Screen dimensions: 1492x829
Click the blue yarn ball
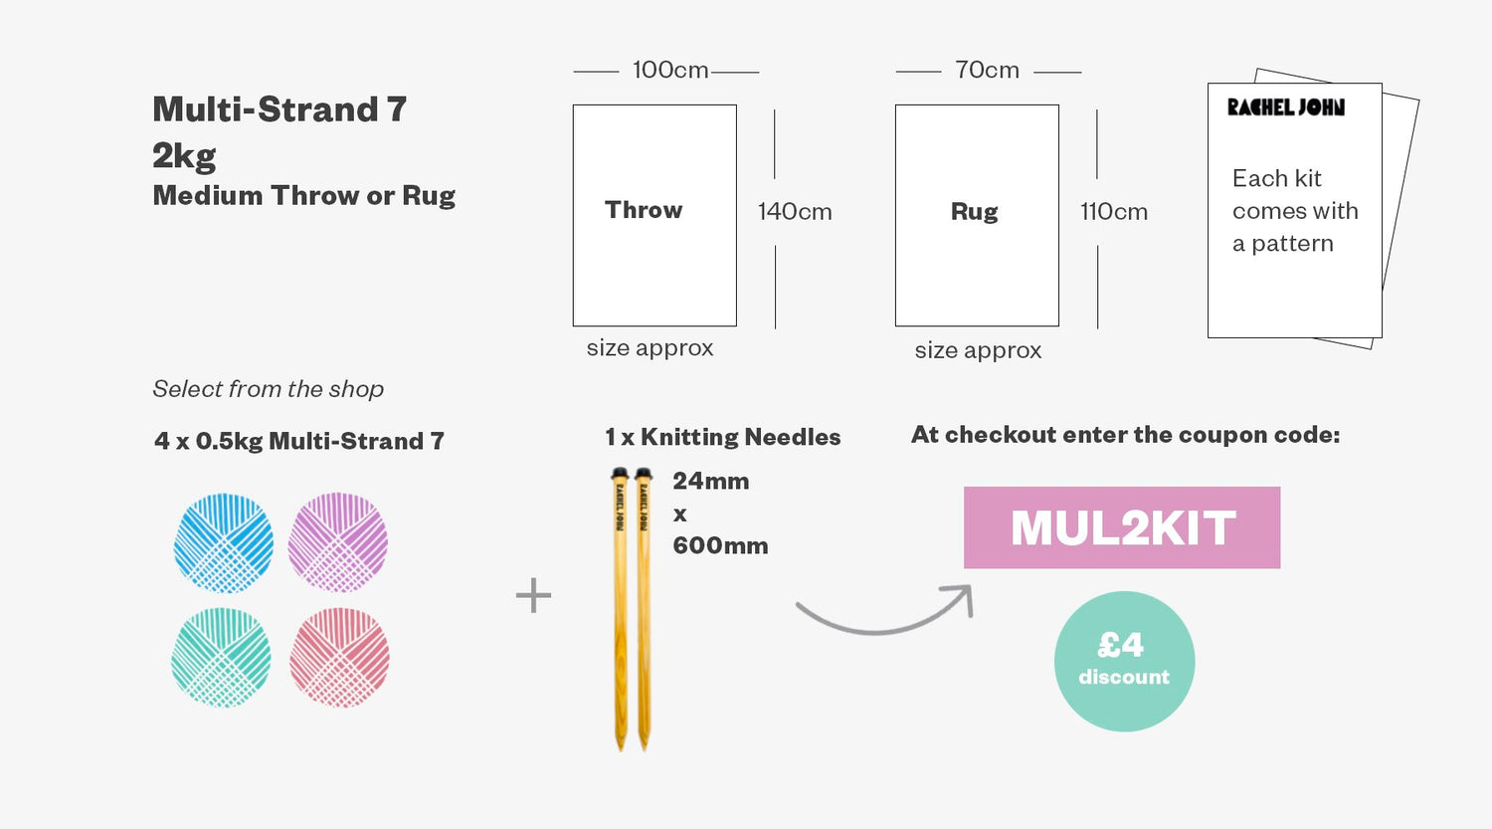coord(223,543)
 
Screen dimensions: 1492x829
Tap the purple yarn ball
coord(338,542)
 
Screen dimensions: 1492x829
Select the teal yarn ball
coord(221,657)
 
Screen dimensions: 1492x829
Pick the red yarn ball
coord(340,657)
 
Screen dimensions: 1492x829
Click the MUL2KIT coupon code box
coord(1122,527)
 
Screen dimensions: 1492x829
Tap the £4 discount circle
coord(1124,662)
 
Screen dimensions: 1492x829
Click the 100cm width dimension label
coord(670,70)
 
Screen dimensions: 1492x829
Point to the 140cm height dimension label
coord(795,212)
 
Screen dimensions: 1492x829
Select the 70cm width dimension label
coord(987,70)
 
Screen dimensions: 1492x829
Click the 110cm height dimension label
coord(1114,212)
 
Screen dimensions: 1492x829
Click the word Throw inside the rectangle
coord(644,210)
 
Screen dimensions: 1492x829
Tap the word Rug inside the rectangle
coord(975,212)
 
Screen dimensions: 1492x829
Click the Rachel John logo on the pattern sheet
coord(1286,107)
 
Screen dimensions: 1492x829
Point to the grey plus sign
coord(533,595)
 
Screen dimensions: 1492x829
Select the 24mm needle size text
coord(711,481)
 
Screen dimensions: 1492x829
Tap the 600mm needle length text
coord(720,545)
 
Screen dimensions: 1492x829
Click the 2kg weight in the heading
coord(184,156)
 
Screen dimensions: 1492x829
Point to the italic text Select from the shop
coord(268,389)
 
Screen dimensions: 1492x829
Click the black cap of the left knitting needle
coord(620,474)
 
